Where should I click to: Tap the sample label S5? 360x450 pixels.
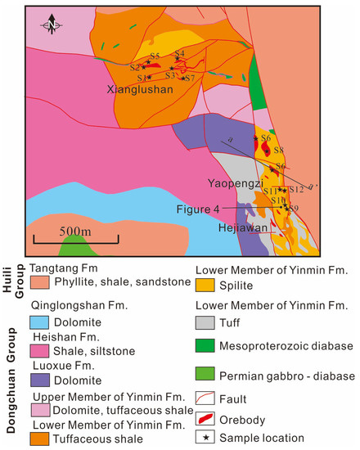(x=155, y=55)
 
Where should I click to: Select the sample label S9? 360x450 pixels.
(x=293, y=209)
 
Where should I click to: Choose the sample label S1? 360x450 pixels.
(x=142, y=78)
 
